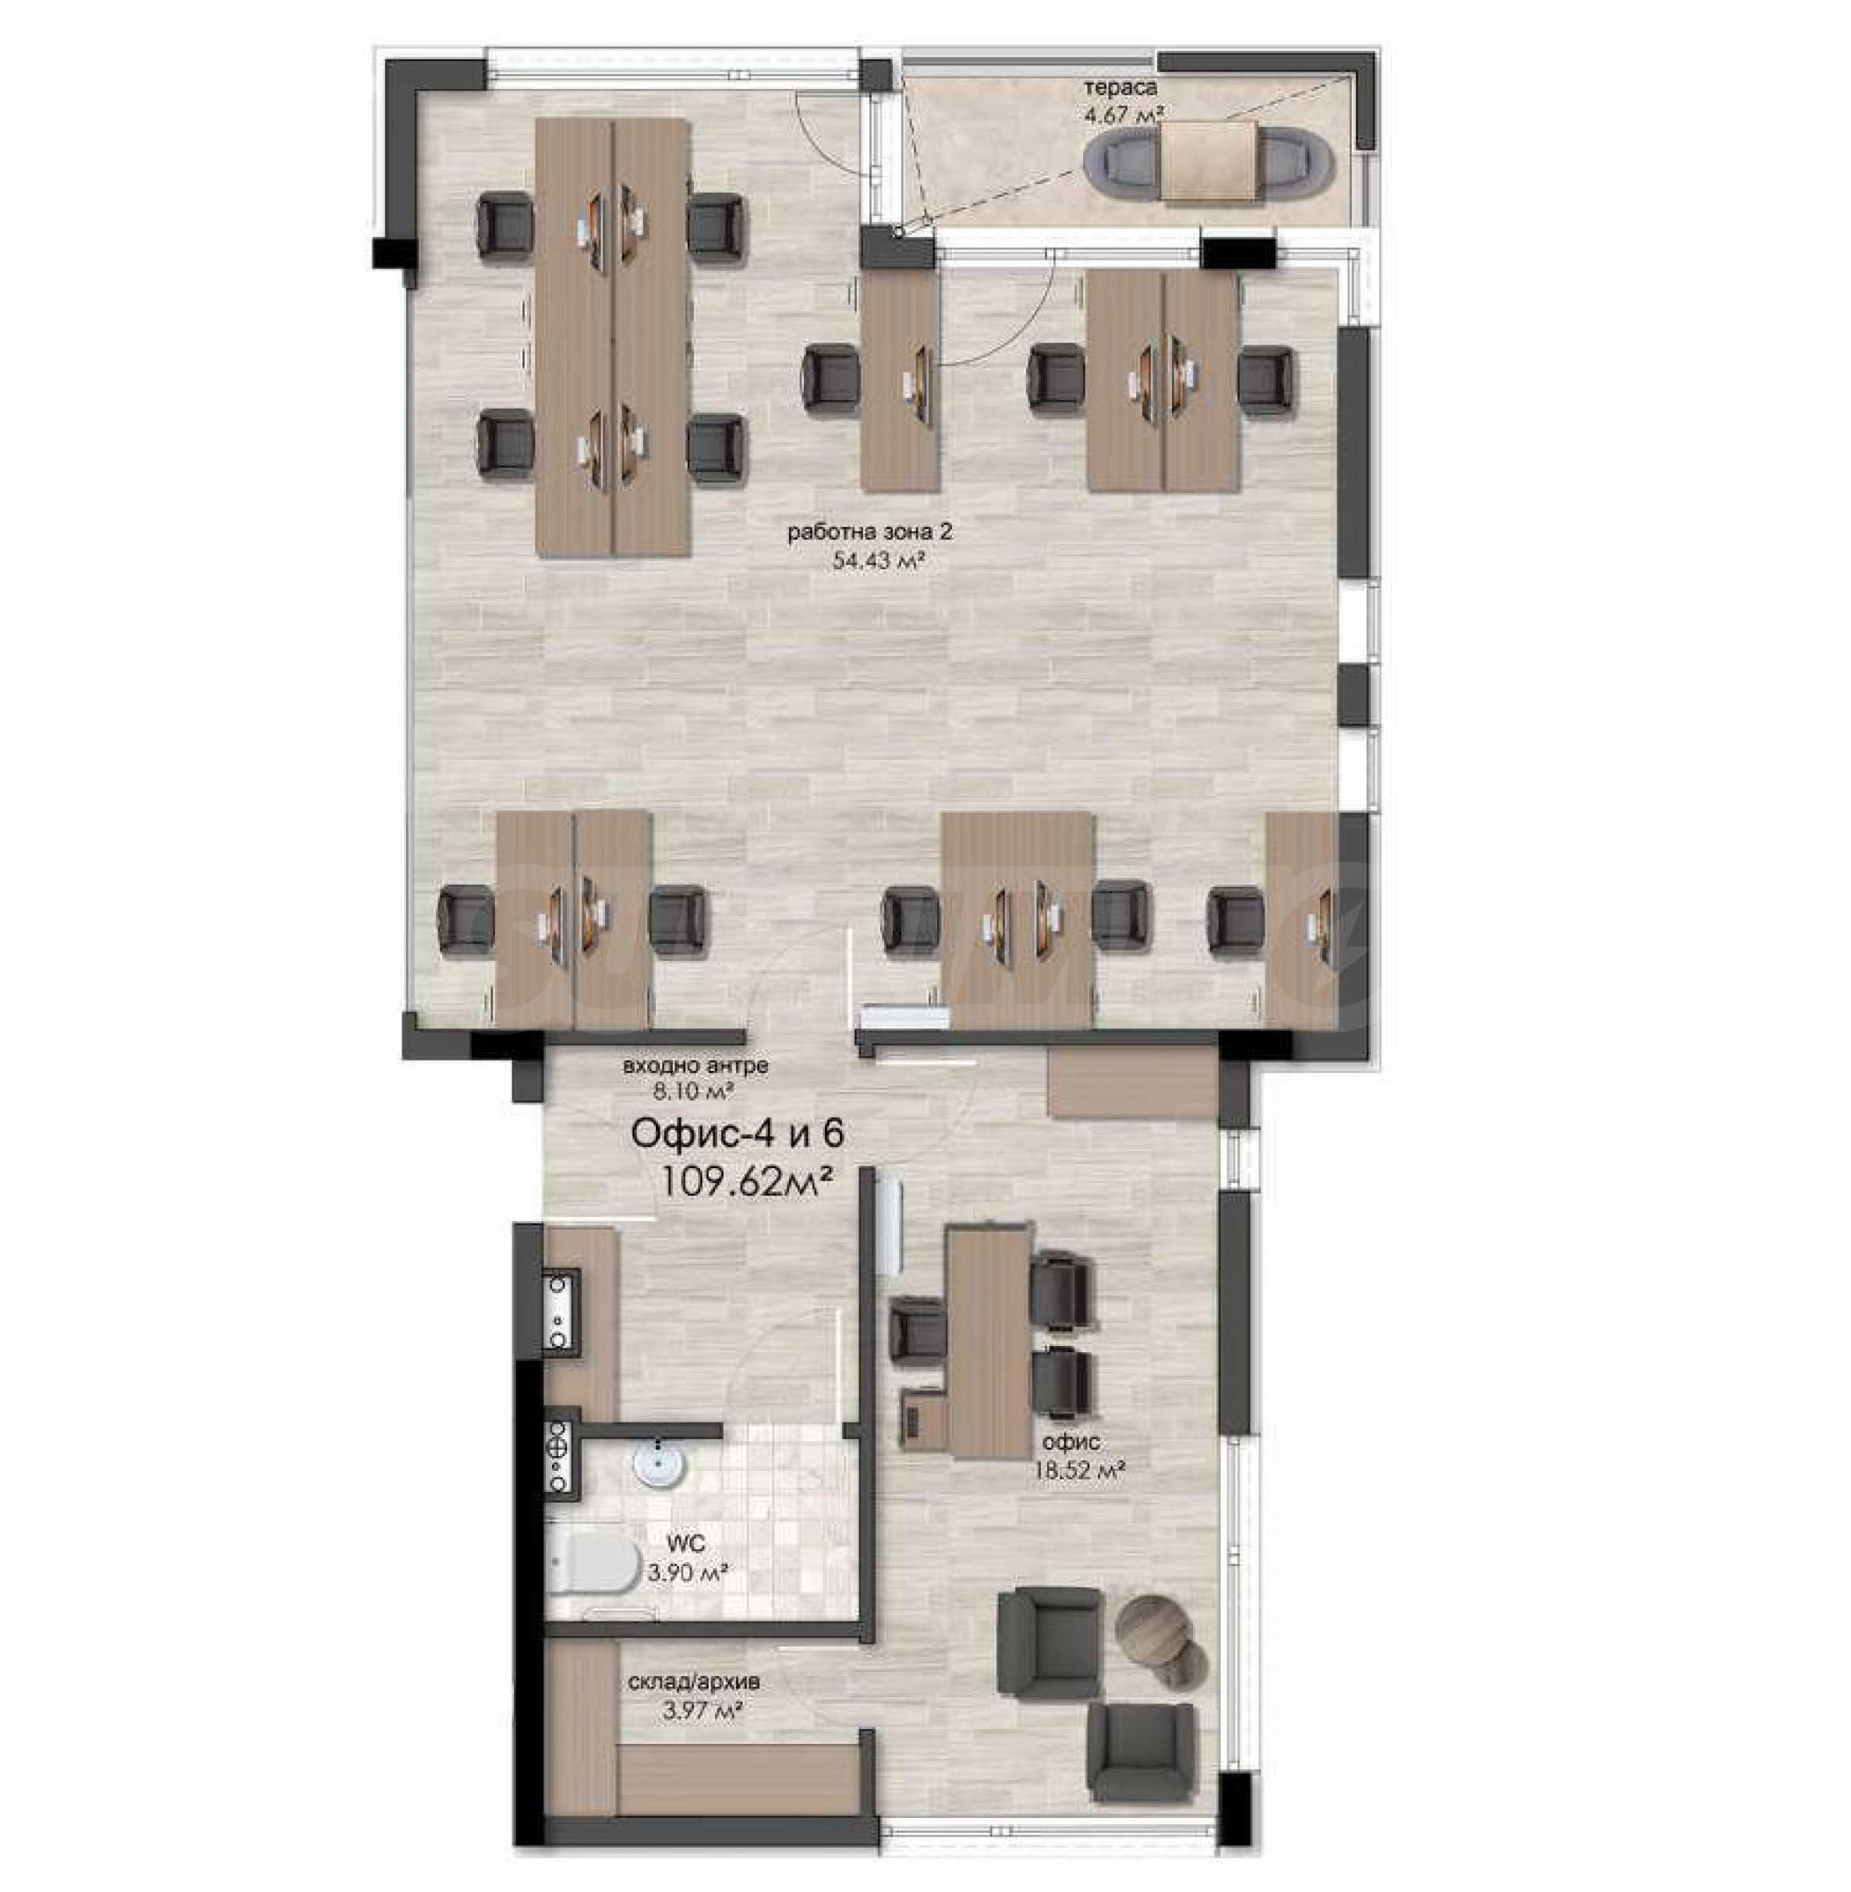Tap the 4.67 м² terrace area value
tap(1125, 114)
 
